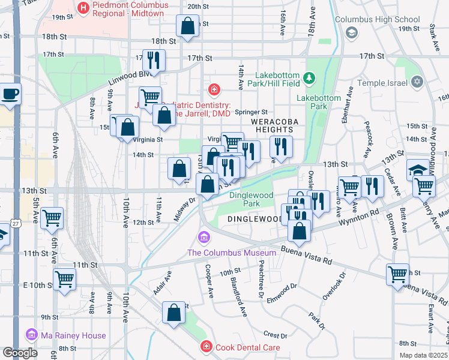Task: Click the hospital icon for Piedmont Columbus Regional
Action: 83,8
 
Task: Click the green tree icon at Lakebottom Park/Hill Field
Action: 309,78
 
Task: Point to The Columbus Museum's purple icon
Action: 204,238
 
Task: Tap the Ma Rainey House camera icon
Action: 31,335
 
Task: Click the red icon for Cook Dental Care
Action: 206,347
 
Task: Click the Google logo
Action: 20,353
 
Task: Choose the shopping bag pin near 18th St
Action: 187,26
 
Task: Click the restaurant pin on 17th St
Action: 154,60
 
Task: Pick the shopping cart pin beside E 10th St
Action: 64,278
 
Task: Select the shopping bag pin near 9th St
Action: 173,313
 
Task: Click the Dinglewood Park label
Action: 252,199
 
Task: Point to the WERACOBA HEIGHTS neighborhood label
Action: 274,125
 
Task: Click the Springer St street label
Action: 251,112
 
